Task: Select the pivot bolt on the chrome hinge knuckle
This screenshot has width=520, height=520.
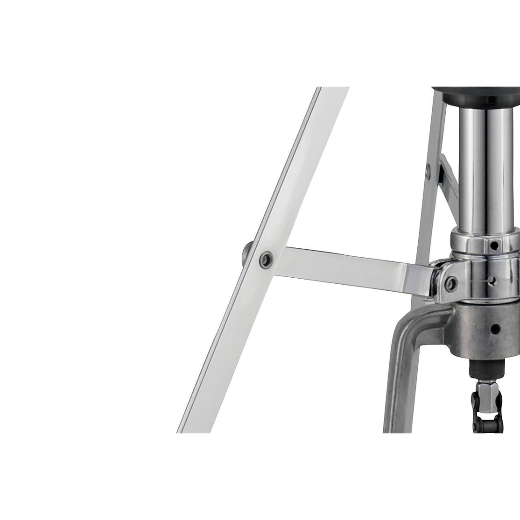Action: (x=451, y=281)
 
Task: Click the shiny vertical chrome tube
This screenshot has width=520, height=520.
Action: (x=481, y=168)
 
